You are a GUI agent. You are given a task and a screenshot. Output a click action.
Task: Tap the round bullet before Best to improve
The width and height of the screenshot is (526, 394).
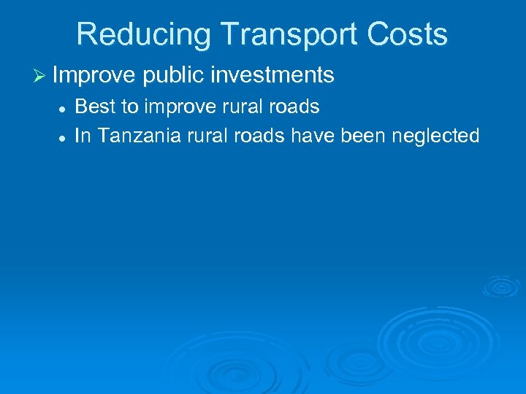63,108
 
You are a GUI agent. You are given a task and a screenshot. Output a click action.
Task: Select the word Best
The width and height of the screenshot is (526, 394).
96,107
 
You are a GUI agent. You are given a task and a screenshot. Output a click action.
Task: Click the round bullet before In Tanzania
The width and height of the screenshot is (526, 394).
63,136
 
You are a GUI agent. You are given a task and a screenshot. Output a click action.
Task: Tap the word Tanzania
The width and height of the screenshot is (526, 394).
135,136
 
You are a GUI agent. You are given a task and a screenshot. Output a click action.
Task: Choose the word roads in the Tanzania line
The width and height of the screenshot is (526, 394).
256,136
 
